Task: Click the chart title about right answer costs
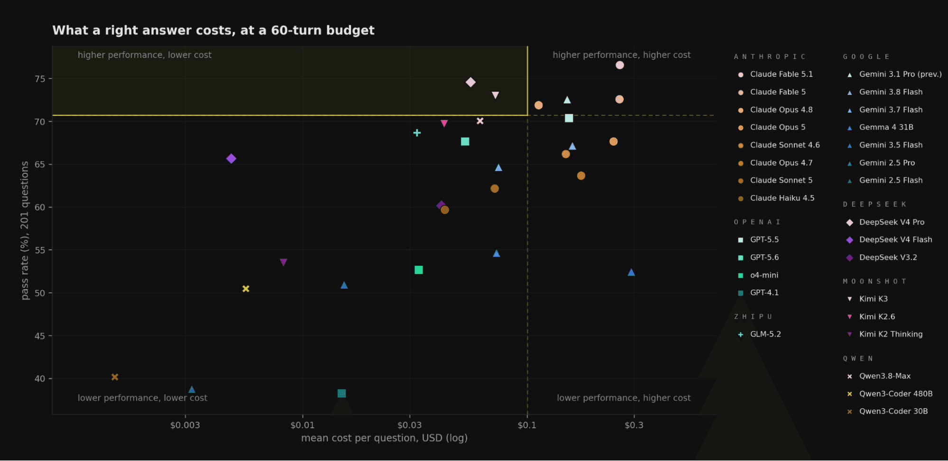click(x=213, y=30)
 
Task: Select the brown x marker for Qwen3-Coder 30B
click(x=115, y=377)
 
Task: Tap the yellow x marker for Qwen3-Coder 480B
click(x=246, y=289)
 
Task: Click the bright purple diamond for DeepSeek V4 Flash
click(x=231, y=159)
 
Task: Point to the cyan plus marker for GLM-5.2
click(x=417, y=133)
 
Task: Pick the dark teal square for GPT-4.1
click(x=341, y=394)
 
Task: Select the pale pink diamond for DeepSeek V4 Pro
click(x=470, y=82)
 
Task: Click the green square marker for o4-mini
click(x=419, y=270)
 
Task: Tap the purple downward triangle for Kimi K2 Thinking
click(x=284, y=262)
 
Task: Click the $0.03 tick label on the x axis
click(x=409, y=425)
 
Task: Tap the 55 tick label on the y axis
click(x=40, y=250)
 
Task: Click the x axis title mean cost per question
click(x=384, y=438)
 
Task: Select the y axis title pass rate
click(x=25, y=230)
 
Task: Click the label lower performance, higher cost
click(x=624, y=398)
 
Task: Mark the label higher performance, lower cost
click(x=145, y=55)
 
